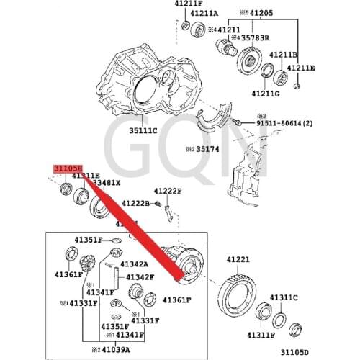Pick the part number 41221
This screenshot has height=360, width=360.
(238, 260)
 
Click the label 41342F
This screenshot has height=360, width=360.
(140, 276)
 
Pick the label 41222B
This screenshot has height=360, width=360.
(135, 204)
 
